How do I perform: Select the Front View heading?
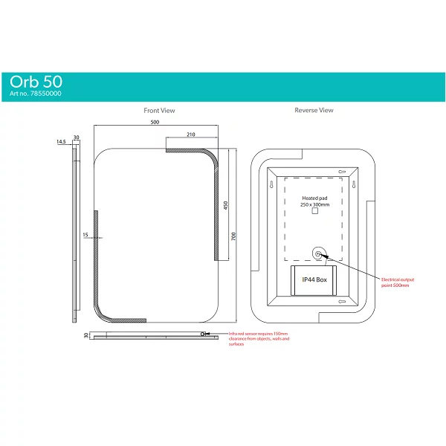[x=160, y=111]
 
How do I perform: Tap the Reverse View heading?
[x=314, y=111]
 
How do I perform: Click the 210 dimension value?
[x=191, y=135]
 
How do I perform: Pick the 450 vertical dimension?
[x=224, y=204]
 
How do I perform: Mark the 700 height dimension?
[x=233, y=236]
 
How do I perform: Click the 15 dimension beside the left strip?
[x=86, y=235]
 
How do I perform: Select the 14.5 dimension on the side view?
[x=61, y=140]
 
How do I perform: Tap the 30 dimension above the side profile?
[x=76, y=136]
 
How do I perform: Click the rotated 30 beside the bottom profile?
[x=87, y=335]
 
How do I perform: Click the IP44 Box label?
[x=314, y=280]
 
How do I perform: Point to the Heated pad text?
[x=314, y=198]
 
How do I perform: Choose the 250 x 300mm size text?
[x=314, y=204]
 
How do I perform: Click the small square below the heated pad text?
[x=314, y=212]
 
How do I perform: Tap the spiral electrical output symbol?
[x=319, y=254]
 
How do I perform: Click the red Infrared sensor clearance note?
[x=259, y=339]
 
